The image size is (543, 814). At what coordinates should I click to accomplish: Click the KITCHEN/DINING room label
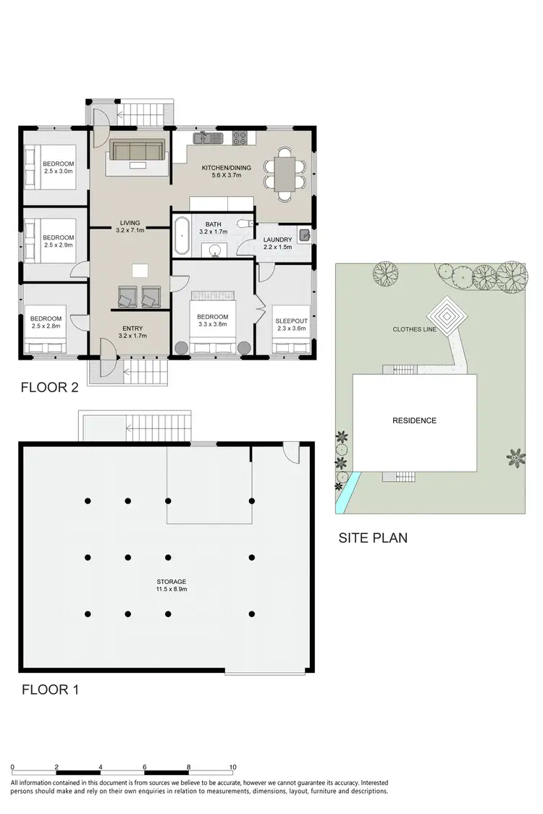tap(226, 168)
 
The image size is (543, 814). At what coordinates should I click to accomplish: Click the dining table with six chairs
tap(284, 174)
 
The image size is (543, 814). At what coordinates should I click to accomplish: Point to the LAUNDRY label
tap(277, 239)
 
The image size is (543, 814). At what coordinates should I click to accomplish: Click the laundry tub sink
tap(305, 234)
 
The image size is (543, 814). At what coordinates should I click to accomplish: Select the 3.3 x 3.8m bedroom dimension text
tap(212, 325)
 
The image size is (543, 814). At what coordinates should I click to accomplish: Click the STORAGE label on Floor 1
tap(171, 581)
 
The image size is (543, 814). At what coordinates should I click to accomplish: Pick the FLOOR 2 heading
tap(50, 388)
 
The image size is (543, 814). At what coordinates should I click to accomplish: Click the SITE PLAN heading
tap(373, 538)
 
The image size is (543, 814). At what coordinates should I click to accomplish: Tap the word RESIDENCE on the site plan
tap(414, 420)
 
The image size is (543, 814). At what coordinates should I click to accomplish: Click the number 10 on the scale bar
tap(232, 767)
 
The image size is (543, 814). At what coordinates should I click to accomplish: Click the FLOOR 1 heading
tap(50, 690)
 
